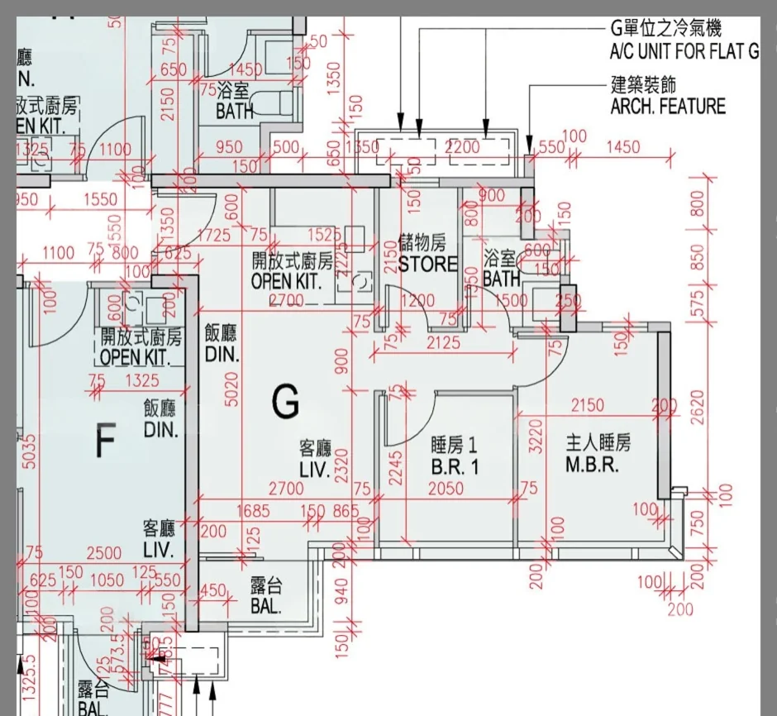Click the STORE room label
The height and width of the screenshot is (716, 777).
(427, 265)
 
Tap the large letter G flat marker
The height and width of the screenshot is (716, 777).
(285, 404)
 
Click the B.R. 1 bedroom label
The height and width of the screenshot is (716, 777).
(455, 466)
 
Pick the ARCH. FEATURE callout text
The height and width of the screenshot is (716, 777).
(668, 107)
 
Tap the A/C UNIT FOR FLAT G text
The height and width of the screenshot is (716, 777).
(684, 52)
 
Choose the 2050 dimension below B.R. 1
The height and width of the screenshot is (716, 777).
(446, 489)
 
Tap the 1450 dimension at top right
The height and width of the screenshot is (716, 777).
(622, 147)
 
